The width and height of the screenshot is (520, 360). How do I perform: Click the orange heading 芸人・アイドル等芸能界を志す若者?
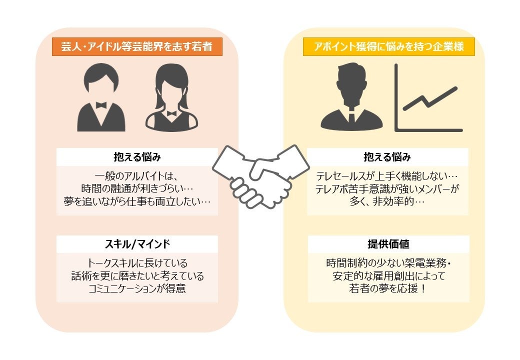click(136, 47)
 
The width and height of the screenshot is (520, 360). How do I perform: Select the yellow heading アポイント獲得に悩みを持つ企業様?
click(388, 47)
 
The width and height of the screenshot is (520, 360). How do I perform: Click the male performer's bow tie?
click(101, 105)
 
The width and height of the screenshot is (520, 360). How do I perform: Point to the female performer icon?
click(171, 98)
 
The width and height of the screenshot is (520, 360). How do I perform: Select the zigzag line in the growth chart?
click(429, 99)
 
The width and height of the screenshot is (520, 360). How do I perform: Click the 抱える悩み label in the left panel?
click(137, 157)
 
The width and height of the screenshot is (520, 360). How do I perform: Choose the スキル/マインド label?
click(137, 244)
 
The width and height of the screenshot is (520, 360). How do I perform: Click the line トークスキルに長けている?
click(137, 263)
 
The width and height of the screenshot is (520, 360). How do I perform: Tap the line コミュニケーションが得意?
click(137, 288)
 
